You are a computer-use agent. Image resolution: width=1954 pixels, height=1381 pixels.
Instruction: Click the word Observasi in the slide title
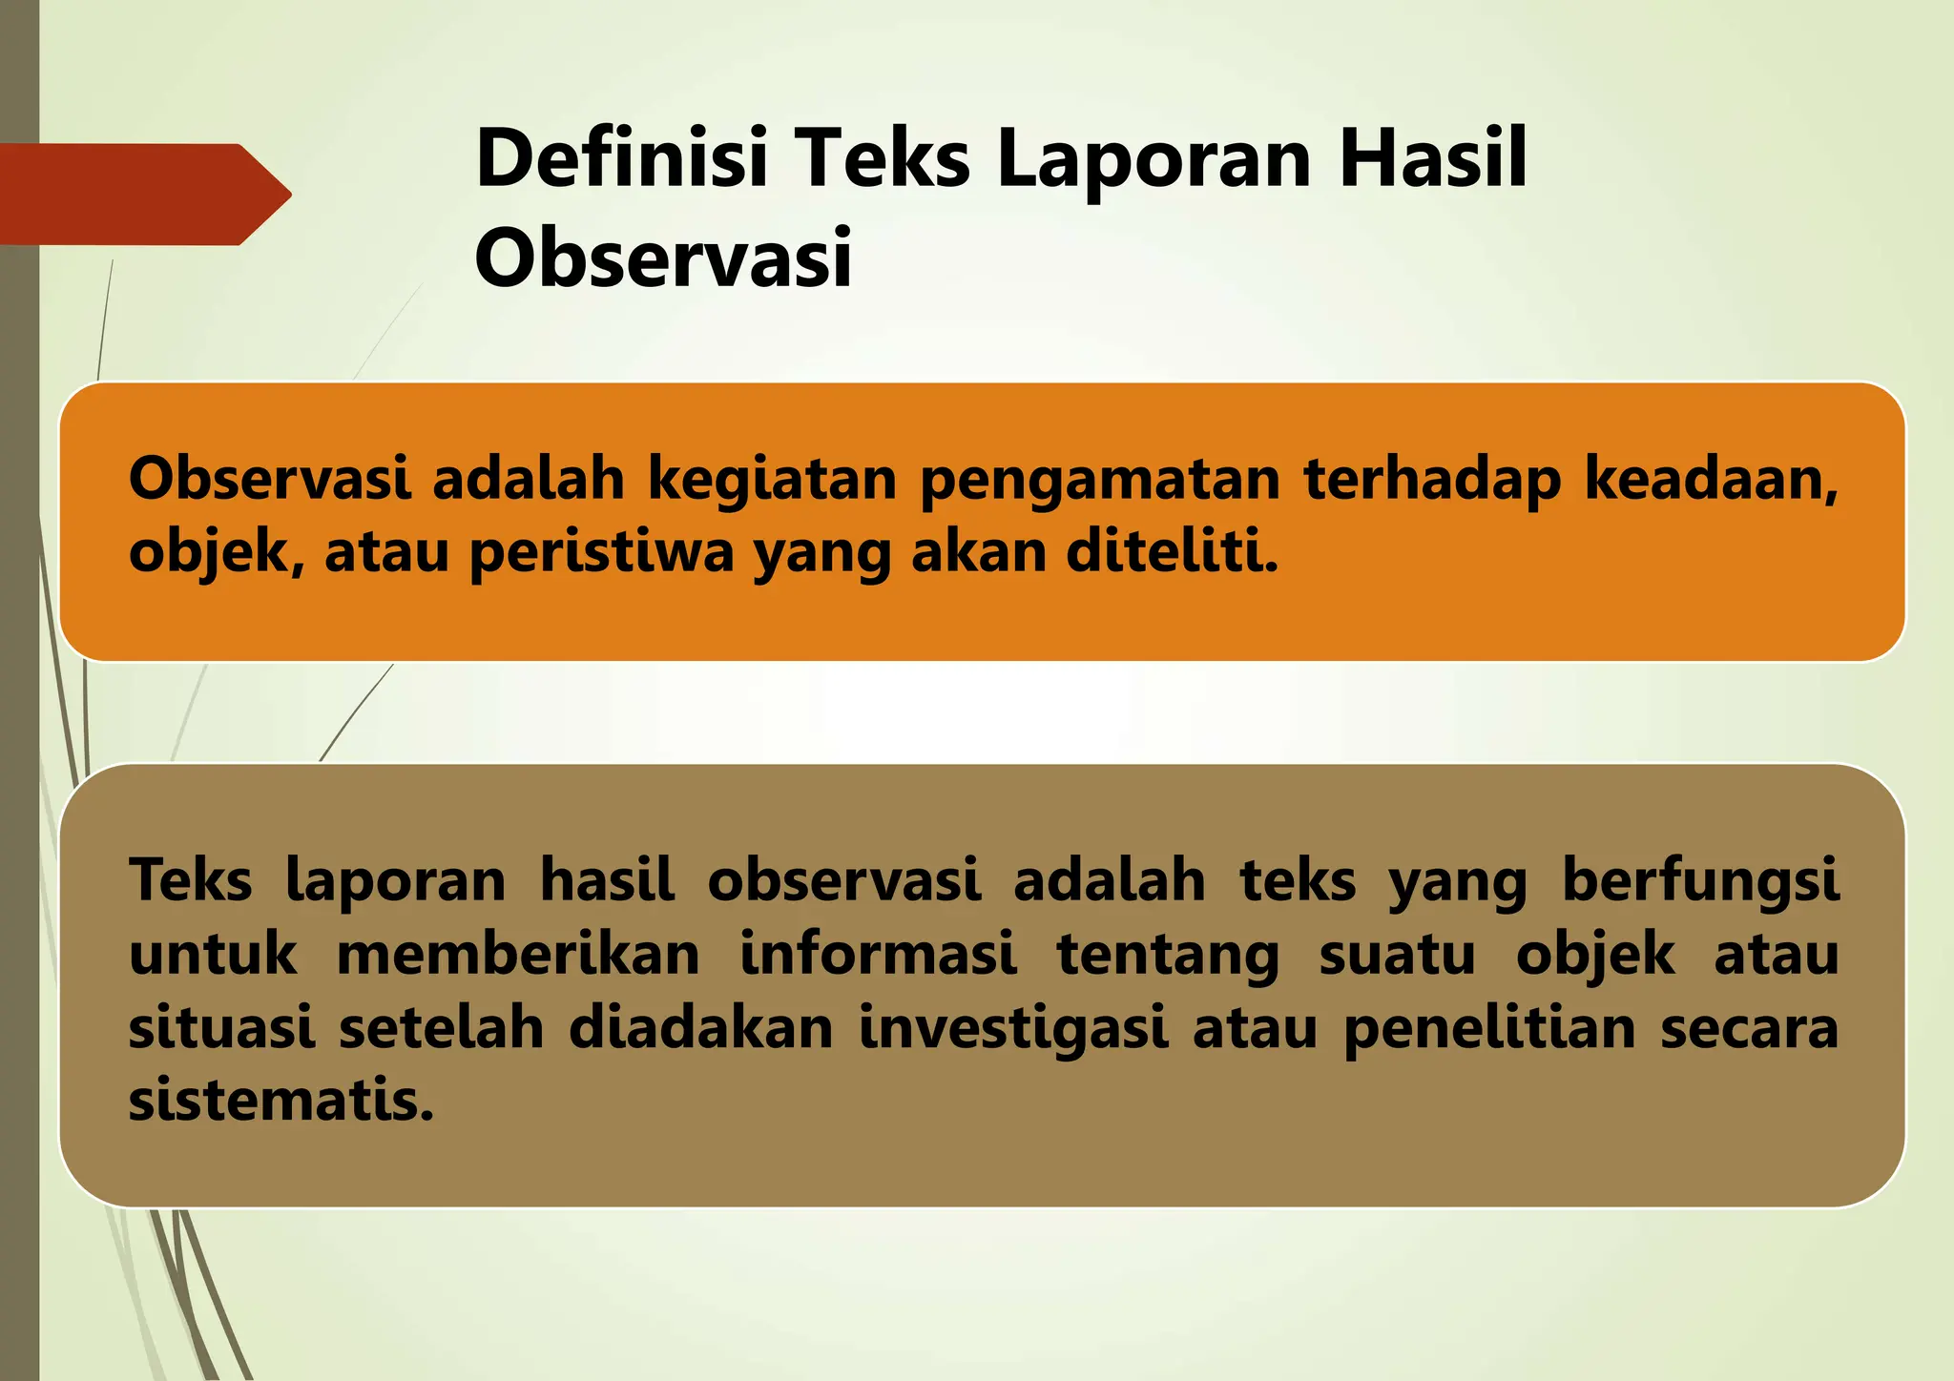coord(662,259)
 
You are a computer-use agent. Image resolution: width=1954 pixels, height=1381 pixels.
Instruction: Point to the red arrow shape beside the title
coord(143,195)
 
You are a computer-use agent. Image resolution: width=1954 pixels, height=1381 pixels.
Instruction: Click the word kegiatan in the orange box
coord(772,480)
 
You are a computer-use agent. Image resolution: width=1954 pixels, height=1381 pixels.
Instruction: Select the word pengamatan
coord(1099,480)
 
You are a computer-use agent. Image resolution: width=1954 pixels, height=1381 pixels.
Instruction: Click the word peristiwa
coord(602,553)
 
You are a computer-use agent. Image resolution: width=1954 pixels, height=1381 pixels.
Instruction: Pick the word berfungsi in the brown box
coord(1700,880)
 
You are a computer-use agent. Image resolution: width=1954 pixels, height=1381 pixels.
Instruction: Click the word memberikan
coord(518,954)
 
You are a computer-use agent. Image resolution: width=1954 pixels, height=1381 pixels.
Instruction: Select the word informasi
coord(878,954)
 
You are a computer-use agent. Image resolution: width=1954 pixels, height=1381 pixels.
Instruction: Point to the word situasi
coord(221,1028)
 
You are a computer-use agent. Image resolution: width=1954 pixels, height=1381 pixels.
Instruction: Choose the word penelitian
coord(1490,1028)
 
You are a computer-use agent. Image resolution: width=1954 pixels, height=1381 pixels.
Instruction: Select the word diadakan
coord(701,1028)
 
